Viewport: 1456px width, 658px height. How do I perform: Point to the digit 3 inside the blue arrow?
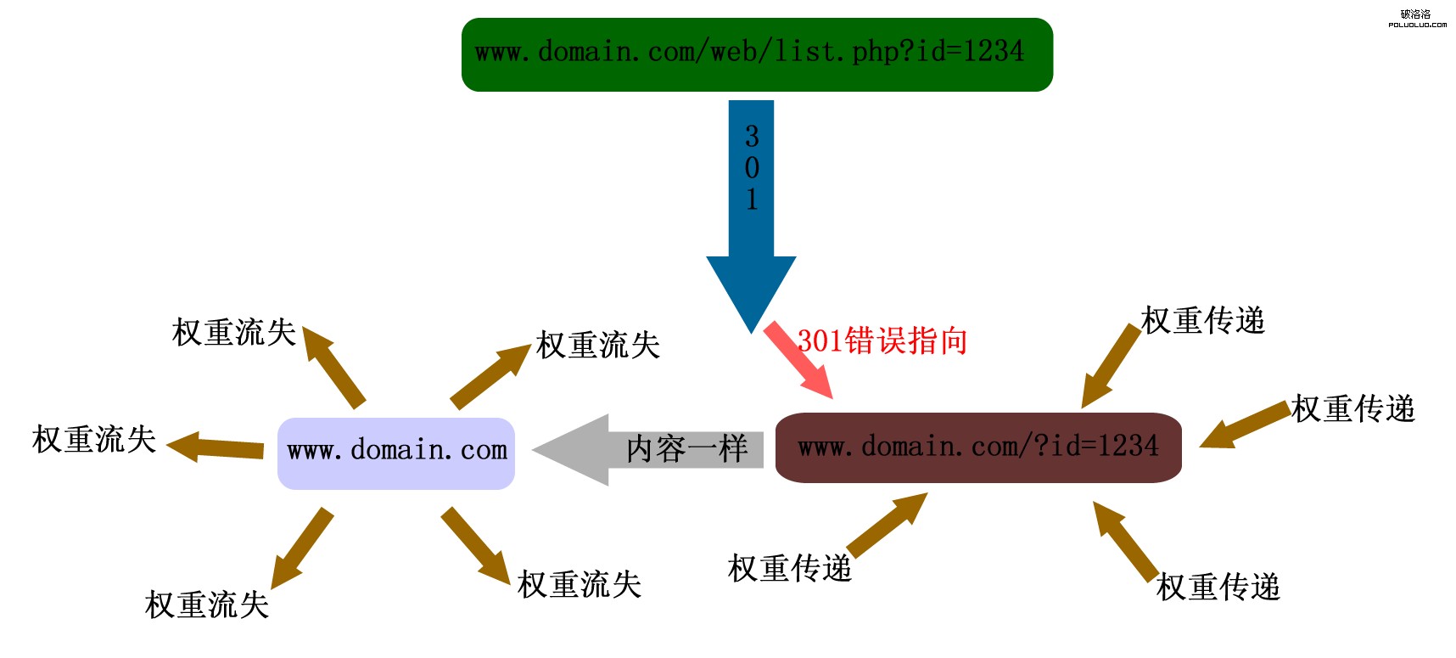click(x=752, y=137)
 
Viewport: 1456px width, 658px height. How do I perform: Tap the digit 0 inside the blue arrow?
click(x=752, y=168)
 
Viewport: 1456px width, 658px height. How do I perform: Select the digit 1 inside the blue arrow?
click(x=752, y=200)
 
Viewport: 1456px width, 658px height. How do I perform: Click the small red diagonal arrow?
click(x=798, y=359)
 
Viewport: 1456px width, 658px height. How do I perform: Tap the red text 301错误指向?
click(x=882, y=341)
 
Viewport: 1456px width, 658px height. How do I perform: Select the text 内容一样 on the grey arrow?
click(x=686, y=449)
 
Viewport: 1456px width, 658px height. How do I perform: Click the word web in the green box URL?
click(x=734, y=52)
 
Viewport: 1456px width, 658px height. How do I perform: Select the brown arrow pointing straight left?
click(x=216, y=447)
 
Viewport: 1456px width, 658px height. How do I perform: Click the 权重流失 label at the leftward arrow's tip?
click(x=94, y=440)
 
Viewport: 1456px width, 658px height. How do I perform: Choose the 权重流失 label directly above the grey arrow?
click(x=598, y=346)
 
